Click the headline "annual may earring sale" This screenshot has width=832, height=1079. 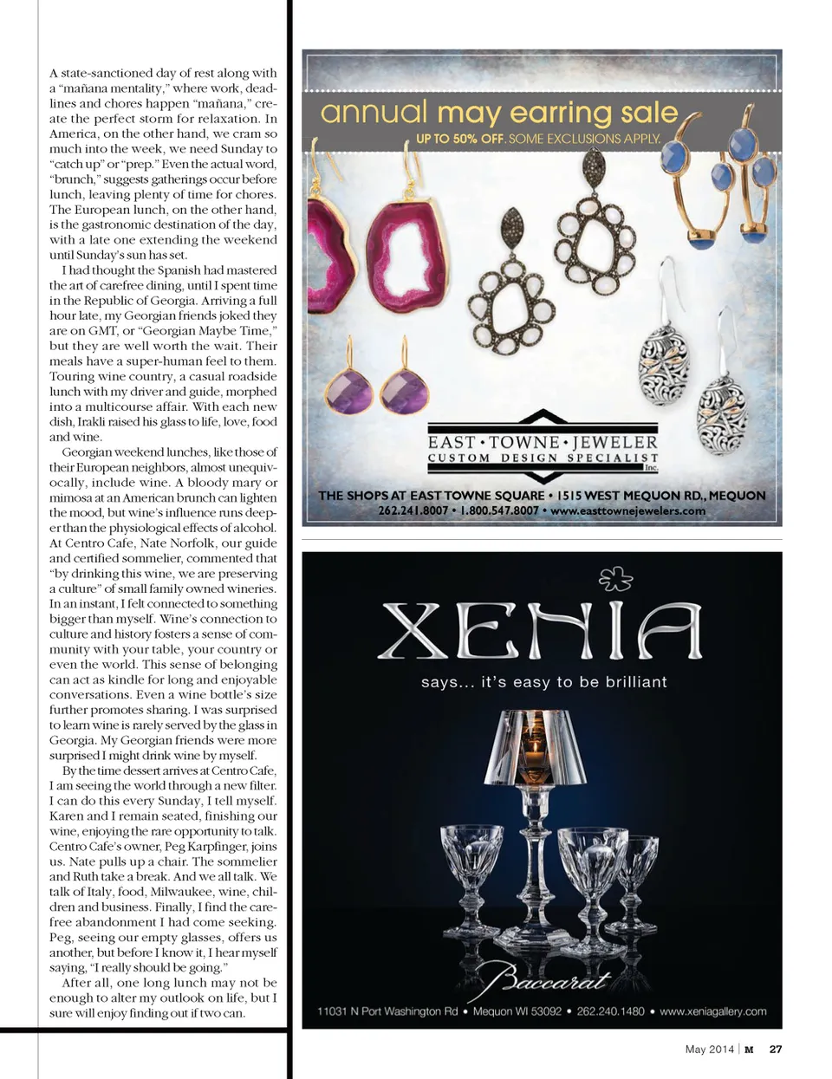tap(498, 113)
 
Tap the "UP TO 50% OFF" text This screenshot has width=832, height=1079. tap(459, 139)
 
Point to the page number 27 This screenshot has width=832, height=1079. tap(776, 1049)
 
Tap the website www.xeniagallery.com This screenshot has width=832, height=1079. tap(713, 1011)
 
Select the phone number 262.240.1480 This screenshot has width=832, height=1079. tap(610, 1011)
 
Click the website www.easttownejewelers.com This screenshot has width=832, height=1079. tap(627, 510)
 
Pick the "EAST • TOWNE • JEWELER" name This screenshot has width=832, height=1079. tap(543, 442)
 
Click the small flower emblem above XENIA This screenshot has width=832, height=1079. tap(616, 578)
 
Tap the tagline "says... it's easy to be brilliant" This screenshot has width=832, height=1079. tap(543, 682)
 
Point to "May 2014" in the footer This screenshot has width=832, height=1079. tap(709, 1049)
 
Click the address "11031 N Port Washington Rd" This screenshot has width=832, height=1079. tap(387, 1011)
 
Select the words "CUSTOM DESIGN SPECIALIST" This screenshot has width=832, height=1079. tap(543, 458)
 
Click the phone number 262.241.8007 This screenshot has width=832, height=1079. tap(413, 510)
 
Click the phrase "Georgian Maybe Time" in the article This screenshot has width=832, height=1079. tap(212, 331)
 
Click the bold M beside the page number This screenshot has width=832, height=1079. tap(749, 1049)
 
